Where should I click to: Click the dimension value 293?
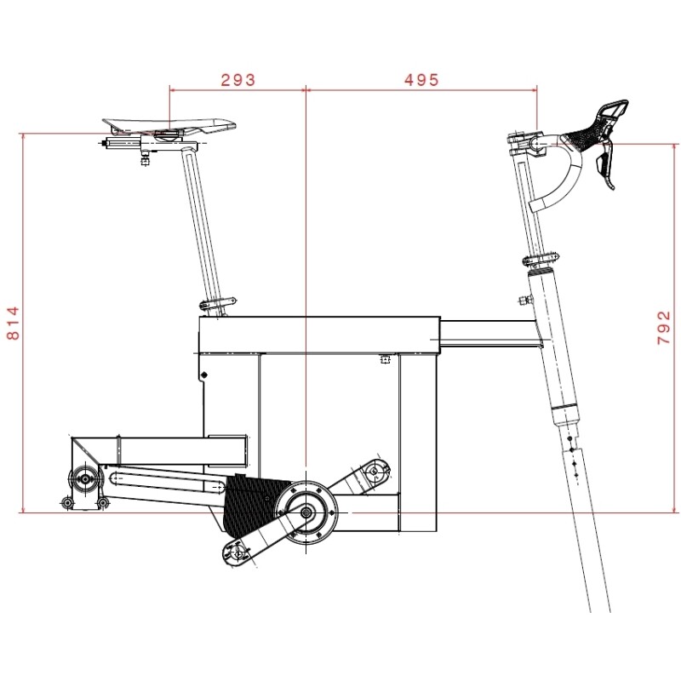(238, 80)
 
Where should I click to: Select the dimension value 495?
(421, 80)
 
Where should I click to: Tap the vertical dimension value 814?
(13, 323)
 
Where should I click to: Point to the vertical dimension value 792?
(664, 328)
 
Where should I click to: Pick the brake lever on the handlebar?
(604, 166)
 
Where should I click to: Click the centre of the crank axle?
(306, 512)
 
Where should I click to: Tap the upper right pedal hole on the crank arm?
(374, 471)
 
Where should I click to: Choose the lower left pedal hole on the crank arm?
(237, 554)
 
